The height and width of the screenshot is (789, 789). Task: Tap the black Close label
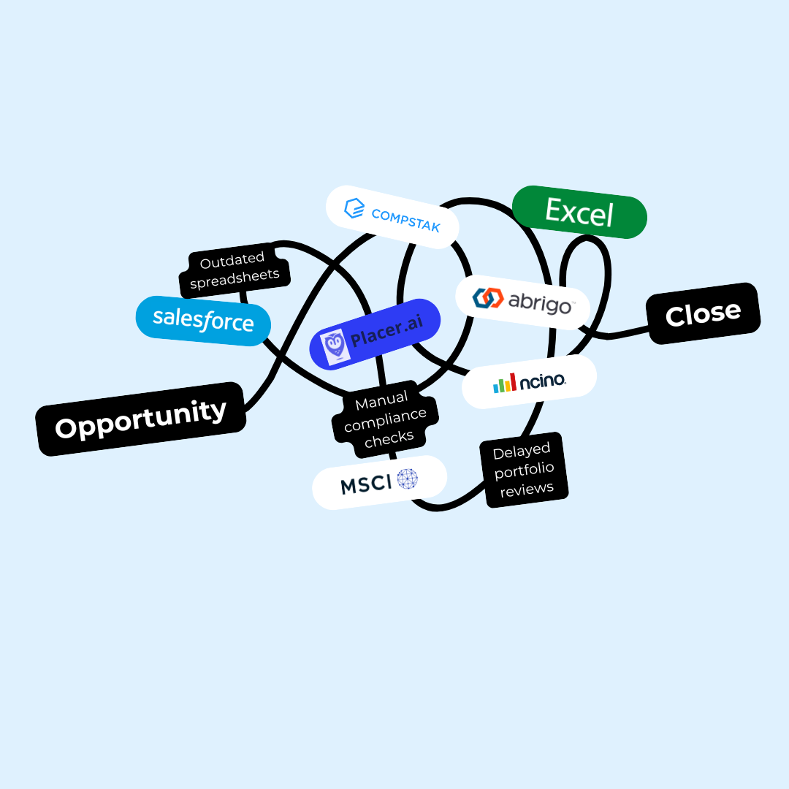tap(703, 314)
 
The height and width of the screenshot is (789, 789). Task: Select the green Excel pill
tap(579, 212)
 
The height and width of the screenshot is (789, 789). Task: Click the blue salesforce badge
tap(203, 321)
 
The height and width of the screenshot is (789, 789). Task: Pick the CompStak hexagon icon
tap(354, 209)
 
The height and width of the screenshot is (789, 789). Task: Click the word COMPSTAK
tap(406, 220)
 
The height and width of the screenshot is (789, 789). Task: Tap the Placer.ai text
tap(386, 334)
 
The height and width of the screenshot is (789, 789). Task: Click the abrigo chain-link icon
tap(488, 297)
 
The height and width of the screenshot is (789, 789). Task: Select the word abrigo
tap(539, 302)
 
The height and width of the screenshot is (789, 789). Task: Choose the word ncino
tap(543, 381)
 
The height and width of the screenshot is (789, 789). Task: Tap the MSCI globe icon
tap(408, 479)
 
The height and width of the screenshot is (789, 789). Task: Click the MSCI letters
tap(366, 484)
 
